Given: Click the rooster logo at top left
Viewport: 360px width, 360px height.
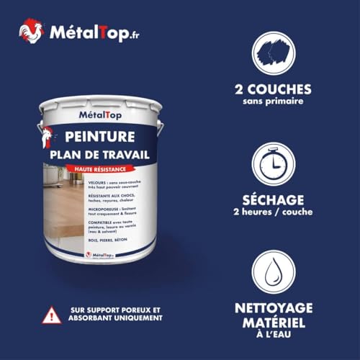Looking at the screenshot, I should click(30, 31).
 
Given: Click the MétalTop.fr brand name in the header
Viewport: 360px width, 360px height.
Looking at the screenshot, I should click(89, 33).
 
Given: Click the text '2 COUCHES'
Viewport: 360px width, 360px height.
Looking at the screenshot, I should click(282, 90).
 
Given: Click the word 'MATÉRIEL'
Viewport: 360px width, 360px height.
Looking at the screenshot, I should click(282, 325).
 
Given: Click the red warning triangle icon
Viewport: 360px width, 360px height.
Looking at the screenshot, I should click(51, 315).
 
